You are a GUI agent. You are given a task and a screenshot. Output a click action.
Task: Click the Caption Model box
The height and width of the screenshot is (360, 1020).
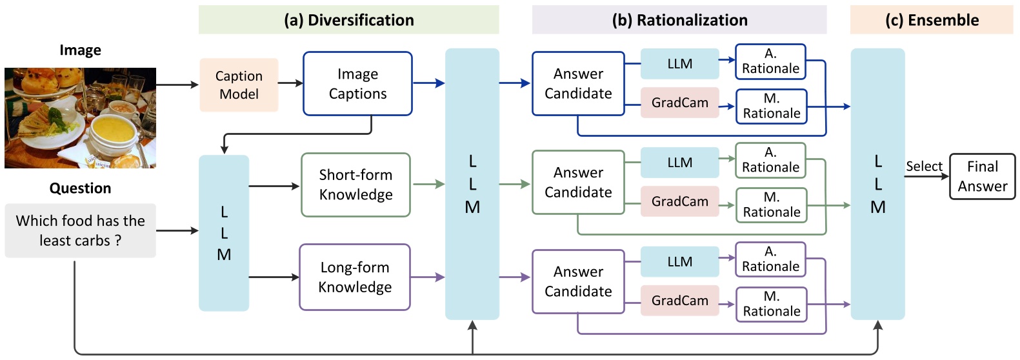239,85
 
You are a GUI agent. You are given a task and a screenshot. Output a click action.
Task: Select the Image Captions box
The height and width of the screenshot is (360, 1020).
357,84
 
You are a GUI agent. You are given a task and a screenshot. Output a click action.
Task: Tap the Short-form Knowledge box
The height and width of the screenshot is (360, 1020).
355,185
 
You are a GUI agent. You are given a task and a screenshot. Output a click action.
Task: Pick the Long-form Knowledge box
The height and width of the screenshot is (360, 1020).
355,277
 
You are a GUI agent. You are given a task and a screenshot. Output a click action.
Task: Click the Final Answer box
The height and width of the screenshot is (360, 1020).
982,176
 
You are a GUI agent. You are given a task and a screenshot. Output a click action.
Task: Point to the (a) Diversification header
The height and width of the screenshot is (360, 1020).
348,20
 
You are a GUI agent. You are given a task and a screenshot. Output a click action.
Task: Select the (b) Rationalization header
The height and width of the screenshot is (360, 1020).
679,20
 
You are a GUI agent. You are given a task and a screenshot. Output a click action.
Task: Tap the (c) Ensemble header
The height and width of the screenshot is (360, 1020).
932,20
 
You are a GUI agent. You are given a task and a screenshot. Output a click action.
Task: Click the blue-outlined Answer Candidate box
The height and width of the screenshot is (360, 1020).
578,84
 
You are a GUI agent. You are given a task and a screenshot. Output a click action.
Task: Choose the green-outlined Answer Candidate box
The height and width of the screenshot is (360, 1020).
578,183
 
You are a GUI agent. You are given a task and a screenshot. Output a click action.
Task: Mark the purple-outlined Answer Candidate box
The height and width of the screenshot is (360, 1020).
578,281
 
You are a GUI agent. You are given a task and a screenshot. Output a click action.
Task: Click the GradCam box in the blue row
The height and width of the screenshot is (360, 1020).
679,103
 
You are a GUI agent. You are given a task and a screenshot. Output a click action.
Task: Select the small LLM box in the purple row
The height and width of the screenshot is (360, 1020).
679,261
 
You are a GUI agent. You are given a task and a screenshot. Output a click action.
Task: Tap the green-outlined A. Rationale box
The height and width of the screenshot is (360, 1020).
770,160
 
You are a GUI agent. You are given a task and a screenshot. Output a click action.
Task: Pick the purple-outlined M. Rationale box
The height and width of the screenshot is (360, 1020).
771,304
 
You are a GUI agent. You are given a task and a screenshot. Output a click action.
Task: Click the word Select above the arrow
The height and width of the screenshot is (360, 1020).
924,166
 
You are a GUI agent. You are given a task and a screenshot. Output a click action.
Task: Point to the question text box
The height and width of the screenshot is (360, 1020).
80,230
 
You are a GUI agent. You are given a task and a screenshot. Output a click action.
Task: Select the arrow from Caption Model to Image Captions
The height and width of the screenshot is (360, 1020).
290,83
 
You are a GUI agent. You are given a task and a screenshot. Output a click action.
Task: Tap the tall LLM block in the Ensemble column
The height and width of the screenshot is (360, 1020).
877,184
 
